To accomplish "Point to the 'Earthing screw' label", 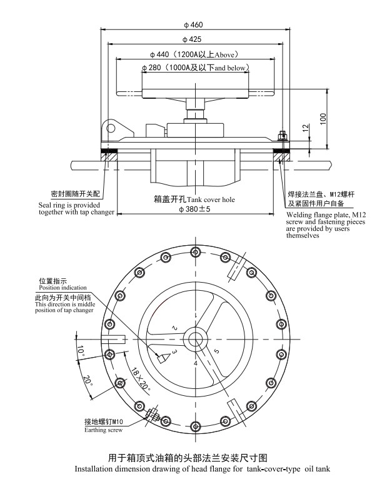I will (x=104, y=430).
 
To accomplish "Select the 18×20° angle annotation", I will (x=141, y=379).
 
